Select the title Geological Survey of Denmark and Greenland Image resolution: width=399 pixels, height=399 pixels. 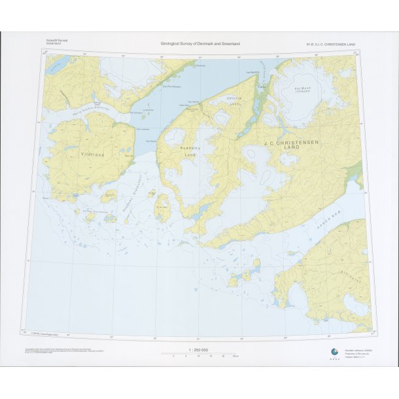(x=200, y=44)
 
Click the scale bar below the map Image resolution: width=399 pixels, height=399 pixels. (x=200, y=355)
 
